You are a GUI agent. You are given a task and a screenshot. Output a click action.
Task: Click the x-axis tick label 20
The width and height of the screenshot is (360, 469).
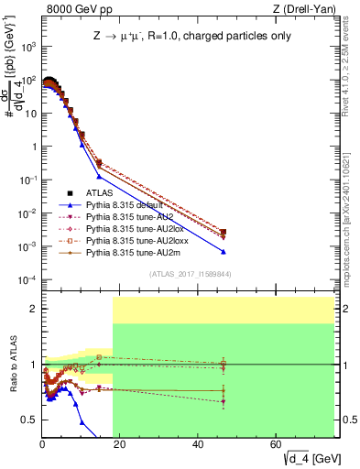click(x=120, y=444)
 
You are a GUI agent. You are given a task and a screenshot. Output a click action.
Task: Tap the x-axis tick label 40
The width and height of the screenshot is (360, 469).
click(x=199, y=444)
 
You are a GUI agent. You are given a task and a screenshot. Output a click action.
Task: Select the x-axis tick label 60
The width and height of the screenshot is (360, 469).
click(x=277, y=444)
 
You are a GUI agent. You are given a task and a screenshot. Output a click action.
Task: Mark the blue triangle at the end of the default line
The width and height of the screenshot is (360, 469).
click(x=224, y=252)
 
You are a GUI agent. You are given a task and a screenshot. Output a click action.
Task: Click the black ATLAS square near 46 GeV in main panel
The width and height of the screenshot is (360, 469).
click(x=224, y=233)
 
